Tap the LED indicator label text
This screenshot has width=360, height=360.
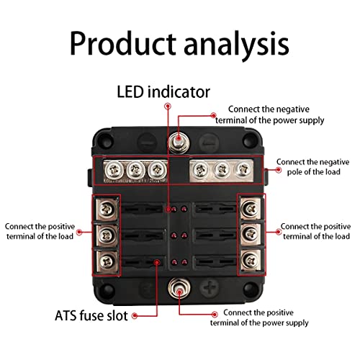click(163, 92)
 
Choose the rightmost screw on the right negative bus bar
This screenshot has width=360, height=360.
click(243, 171)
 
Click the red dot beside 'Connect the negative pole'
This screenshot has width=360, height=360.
click(268, 170)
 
